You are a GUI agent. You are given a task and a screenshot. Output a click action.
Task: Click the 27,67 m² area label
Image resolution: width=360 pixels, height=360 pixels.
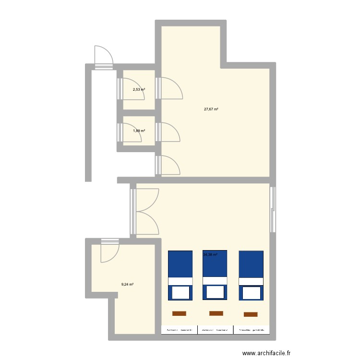[211, 109]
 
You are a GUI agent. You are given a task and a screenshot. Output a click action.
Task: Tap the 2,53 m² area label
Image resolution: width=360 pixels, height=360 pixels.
[139, 89]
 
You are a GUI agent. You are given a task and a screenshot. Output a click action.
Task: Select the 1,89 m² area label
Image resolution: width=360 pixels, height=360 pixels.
[139, 131]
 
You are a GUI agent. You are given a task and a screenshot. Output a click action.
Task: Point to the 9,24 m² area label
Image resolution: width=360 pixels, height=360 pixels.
[127, 285]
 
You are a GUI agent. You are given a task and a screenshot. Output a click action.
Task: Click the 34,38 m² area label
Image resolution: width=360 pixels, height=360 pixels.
[210, 255]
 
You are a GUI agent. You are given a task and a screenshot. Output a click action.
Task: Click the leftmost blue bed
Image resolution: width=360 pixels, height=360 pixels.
[180, 275]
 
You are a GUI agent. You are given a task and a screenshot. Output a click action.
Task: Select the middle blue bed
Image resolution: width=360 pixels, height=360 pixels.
[215, 275]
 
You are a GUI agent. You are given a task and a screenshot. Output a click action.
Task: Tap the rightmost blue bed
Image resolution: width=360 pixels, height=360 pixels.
[251, 275]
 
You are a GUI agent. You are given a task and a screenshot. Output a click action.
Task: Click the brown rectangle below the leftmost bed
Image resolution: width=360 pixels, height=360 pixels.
[179, 313]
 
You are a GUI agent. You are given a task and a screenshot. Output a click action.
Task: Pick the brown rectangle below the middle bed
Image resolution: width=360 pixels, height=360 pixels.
[216, 313]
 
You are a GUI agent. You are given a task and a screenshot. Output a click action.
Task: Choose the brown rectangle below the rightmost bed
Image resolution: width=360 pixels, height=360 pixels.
[251, 314]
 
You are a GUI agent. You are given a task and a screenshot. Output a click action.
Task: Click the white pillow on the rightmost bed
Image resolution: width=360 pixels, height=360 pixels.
[251, 292]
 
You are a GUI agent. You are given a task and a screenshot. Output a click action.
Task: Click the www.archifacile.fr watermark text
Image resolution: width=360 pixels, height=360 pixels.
[267, 353]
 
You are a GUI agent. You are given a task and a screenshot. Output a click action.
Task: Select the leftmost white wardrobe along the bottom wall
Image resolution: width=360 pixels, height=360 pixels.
[179, 330]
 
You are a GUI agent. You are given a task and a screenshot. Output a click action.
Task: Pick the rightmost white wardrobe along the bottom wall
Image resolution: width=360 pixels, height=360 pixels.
[251, 330]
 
